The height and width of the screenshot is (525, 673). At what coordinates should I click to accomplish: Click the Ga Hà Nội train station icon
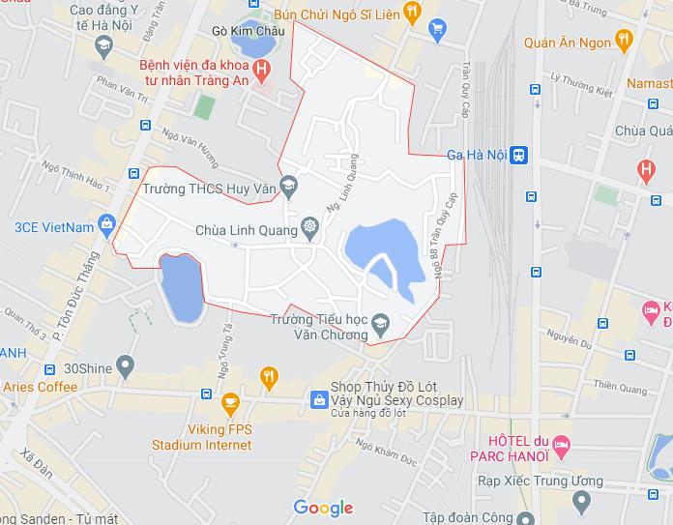(519, 155)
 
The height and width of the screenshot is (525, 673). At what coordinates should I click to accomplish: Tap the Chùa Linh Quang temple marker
(309, 227)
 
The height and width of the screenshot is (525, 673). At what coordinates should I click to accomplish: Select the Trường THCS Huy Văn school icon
(287, 185)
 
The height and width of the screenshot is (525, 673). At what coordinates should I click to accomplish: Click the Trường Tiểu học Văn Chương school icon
(379, 322)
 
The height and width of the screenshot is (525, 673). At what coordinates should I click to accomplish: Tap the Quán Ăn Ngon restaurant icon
(623, 41)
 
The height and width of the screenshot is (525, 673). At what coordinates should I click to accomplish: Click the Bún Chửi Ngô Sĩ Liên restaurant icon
(412, 12)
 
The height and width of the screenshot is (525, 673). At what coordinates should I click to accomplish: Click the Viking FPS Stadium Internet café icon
(229, 401)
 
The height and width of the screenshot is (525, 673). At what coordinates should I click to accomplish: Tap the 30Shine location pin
(126, 366)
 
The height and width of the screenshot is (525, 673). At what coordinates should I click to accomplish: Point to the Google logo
(323, 508)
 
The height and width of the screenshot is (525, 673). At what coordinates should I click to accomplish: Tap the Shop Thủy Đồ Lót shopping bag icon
(318, 399)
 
